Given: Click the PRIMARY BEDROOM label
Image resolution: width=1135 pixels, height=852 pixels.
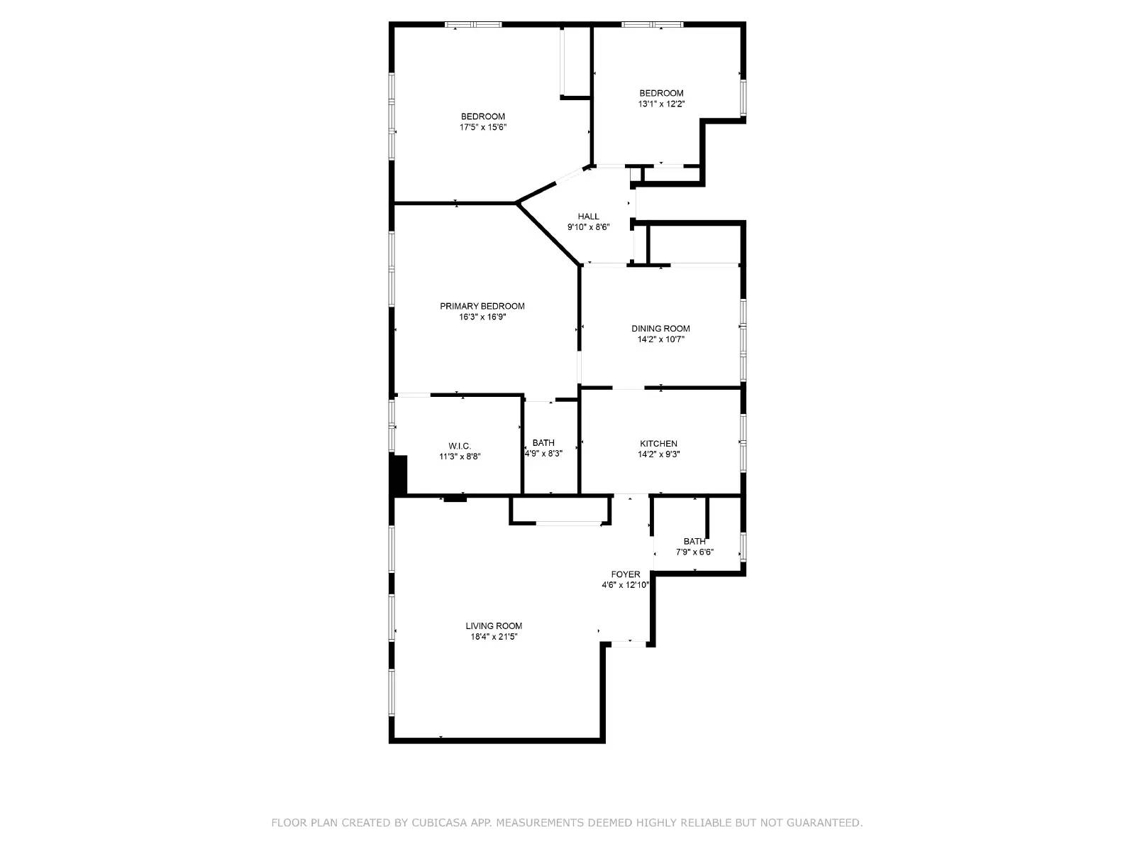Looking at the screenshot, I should [x=482, y=306].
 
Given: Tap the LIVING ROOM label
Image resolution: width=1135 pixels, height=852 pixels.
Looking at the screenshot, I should [x=494, y=626].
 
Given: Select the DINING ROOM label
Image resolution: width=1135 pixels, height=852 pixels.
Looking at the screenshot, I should [x=660, y=328].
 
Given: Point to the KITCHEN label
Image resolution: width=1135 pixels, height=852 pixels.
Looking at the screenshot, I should [x=658, y=444].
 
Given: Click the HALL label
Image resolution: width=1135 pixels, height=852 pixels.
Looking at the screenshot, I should [x=588, y=217].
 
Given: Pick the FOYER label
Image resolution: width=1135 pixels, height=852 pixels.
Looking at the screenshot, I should [x=626, y=574].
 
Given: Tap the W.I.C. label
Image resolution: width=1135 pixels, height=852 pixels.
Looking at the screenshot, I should [x=460, y=446].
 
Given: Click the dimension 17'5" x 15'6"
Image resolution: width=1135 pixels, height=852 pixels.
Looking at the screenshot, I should [x=482, y=128].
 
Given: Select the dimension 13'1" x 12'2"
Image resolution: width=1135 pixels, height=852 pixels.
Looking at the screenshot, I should [x=661, y=104].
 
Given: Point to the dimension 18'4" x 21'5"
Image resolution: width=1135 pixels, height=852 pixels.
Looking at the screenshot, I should [x=494, y=637].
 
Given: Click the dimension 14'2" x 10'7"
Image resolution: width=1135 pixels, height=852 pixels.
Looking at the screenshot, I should [x=660, y=339].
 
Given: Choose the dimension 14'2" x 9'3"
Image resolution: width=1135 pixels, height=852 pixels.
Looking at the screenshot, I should [x=658, y=455].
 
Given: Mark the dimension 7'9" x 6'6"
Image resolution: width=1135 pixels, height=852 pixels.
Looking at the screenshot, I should [x=694, y=552].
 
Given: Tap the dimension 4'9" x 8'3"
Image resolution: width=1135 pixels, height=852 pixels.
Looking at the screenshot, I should [x=543, y=454].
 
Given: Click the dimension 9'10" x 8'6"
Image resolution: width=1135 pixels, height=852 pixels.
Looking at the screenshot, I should [x=588, y=227].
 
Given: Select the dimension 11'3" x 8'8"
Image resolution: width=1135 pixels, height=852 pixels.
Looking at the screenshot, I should [x=460, y=457].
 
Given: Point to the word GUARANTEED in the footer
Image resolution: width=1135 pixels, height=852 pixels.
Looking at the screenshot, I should [x=826, y=823].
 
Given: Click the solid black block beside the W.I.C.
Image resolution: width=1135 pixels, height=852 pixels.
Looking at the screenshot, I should [x=399, y=474].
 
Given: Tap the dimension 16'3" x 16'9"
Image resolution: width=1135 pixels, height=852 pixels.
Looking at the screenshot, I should [x=482, y=317].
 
